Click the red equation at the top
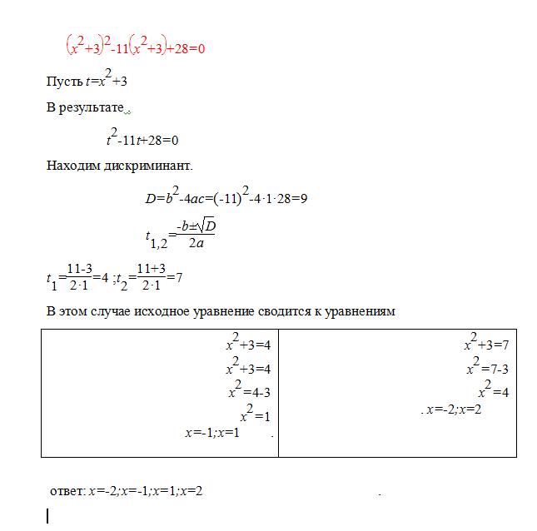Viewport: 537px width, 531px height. coord(135,47)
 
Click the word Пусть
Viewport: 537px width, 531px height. coord(63,82)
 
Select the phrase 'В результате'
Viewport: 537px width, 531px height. coord(84,109)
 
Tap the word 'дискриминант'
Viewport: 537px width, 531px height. coord(145,165)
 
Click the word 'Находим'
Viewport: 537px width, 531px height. coord(72,165)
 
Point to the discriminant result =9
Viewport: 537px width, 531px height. coord(301,198)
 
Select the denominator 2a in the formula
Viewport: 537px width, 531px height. coord(196,244)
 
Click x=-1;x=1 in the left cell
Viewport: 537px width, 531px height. coord(211,433)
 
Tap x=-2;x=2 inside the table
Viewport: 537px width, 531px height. coord(454,409)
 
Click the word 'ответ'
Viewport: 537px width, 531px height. coord(67,491)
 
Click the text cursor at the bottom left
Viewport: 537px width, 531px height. coord(47,516)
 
